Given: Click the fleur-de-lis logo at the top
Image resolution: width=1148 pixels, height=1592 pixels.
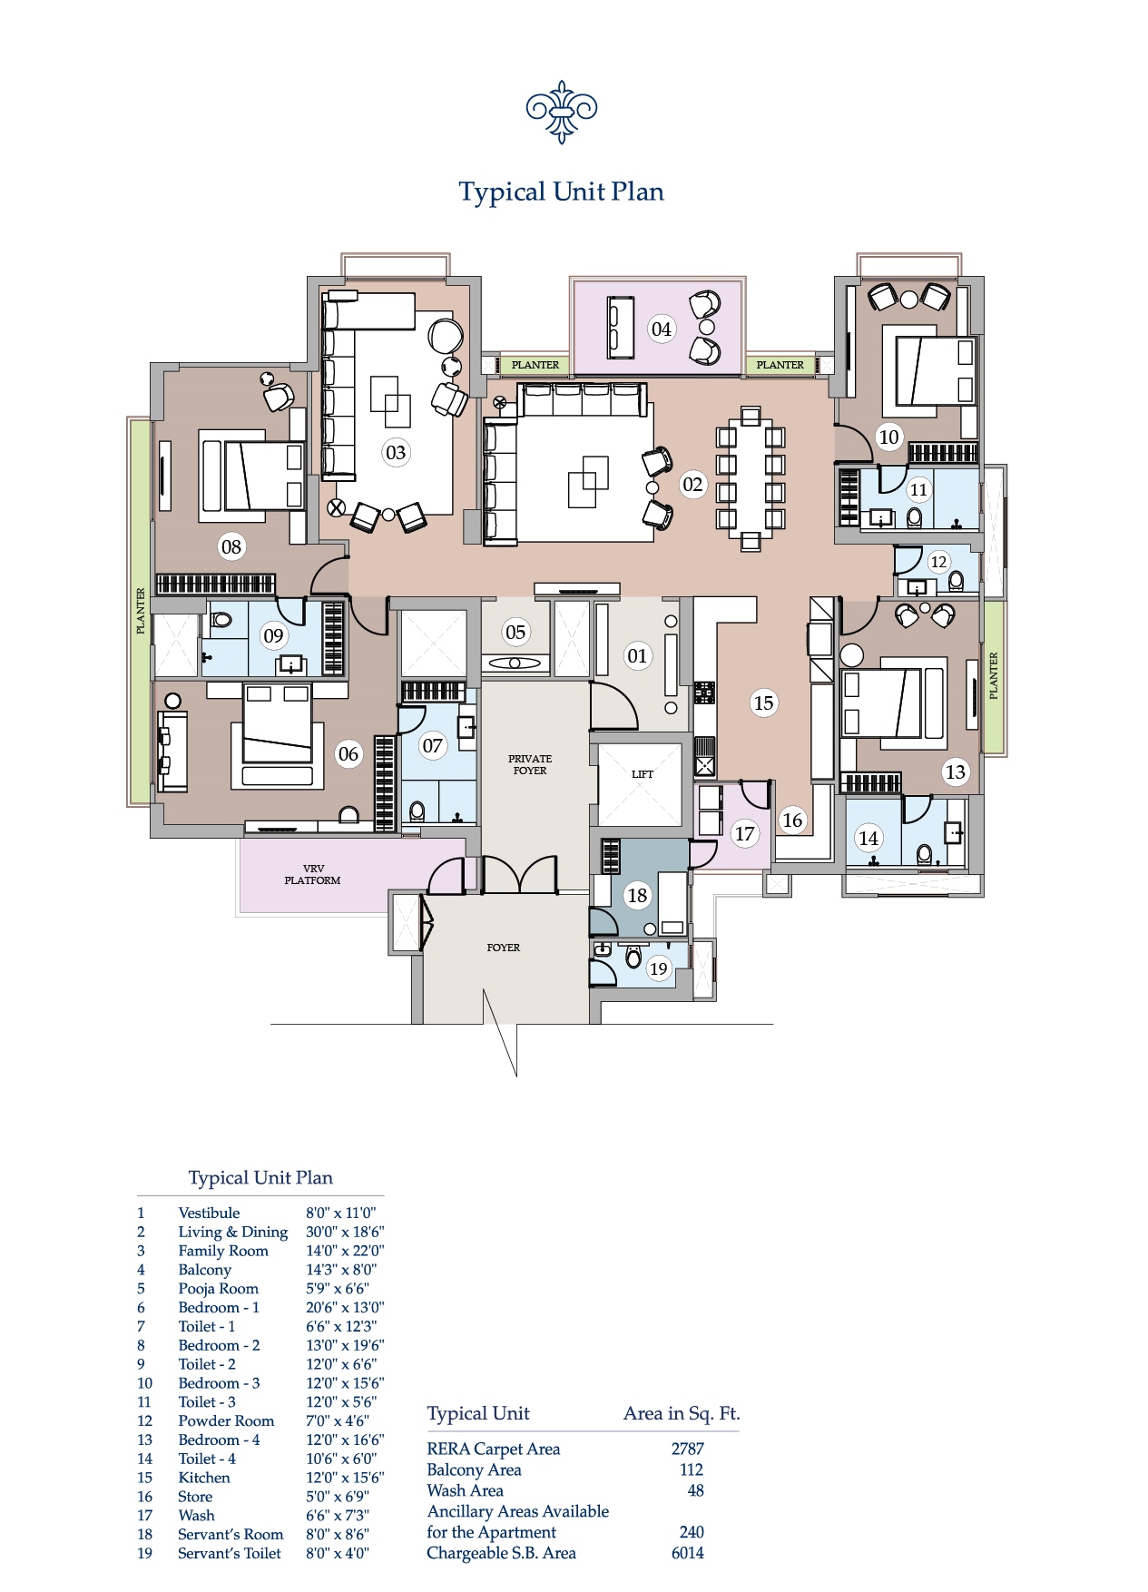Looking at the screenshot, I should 561,112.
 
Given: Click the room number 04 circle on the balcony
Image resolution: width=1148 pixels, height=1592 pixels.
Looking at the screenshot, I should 662,329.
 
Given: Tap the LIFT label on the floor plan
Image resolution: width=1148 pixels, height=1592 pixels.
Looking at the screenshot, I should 643,774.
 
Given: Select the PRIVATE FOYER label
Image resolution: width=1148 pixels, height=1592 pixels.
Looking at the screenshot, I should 530,764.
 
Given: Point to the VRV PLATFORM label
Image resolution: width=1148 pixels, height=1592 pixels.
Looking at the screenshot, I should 312,875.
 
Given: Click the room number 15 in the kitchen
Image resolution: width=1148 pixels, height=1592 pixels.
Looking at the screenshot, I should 764,703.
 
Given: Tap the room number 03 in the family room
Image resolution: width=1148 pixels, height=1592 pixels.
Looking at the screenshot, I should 396,452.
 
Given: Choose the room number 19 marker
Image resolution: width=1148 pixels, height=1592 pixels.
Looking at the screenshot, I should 659,968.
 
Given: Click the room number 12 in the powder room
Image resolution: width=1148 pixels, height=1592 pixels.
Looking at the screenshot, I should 938,562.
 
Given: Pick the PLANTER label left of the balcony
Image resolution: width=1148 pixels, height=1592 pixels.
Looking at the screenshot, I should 535,365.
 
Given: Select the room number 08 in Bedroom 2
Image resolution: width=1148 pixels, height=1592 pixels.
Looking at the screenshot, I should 231,546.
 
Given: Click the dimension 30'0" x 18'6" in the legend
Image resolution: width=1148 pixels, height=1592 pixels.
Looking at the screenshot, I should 344,1232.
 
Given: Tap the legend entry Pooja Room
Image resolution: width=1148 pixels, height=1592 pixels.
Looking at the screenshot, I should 218,1289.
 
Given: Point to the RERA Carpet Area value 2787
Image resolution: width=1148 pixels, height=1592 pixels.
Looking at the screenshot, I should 687,1449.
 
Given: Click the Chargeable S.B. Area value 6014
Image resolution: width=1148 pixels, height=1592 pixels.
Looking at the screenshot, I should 687,1553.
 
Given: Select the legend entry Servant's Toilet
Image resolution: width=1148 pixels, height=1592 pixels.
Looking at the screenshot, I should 230,1553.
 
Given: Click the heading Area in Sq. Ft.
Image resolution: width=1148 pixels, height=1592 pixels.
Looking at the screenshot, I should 682,1413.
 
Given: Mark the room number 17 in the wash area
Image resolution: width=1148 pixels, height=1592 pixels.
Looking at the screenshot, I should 744,833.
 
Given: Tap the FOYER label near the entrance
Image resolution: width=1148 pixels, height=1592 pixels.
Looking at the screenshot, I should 503,948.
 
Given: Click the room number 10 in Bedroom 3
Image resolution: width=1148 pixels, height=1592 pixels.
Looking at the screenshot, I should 888,437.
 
